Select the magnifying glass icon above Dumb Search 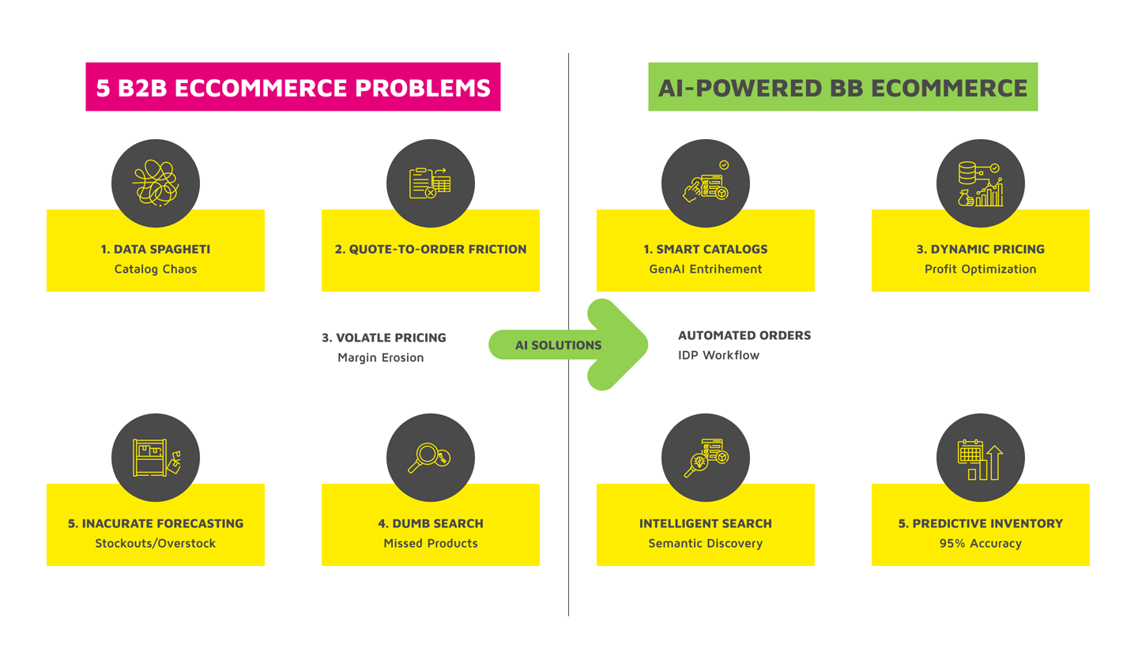[431, 457]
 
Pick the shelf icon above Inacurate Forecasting [156, 457]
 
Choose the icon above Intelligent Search [706, 457]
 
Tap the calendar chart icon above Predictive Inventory [981, 457]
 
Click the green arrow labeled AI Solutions [569, 345]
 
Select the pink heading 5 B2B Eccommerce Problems [293, 87]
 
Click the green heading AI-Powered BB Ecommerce [842, 87]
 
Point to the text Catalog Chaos [156, 269]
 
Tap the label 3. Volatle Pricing [384, 338]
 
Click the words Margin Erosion [381, 357]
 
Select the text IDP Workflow [718, 355]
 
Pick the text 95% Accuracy [981, 543]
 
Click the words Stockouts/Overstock [156, 543]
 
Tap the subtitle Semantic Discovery [706, 543]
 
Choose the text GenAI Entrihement [706, 269]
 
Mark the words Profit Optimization [981, 269]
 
